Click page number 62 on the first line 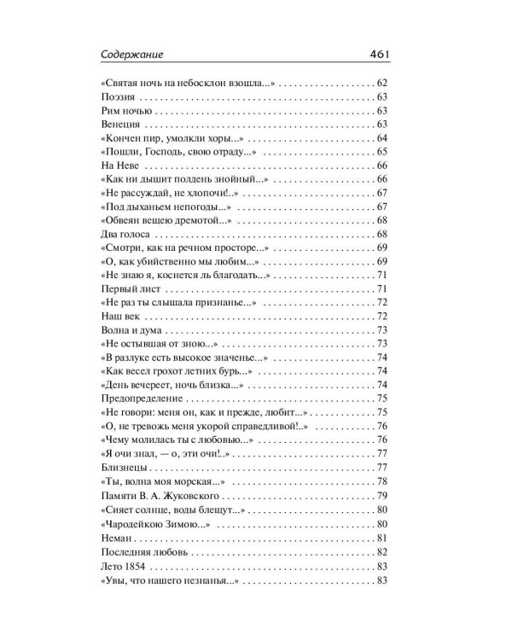381,83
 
